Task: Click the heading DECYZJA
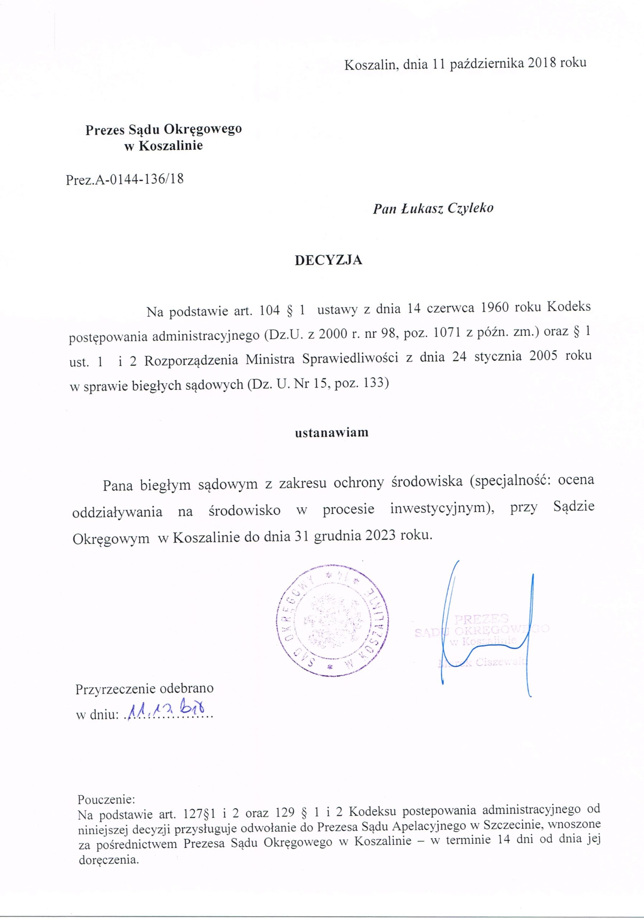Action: click(x=328, y=260)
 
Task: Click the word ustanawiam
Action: click(x=332, y=433)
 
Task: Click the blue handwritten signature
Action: click(x=488, y=633)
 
